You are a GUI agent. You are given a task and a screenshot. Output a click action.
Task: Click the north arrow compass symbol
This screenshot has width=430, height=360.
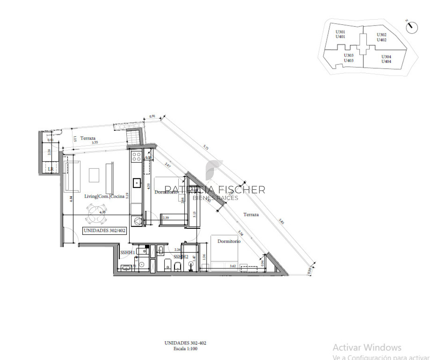coord(412,27)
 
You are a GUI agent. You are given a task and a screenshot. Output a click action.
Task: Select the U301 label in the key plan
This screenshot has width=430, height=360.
coord(340,32)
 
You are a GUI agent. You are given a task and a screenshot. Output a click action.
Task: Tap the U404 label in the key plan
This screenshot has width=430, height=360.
coord(386,62)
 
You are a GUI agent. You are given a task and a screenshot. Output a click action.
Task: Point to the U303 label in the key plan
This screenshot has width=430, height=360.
coord(349,56)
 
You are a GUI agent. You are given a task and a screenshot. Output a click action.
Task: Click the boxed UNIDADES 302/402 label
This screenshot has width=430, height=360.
coord(104,230)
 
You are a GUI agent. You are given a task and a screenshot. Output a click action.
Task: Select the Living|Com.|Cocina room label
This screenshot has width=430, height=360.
coord(104,196)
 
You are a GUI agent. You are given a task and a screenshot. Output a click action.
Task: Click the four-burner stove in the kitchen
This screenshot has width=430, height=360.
coord(136,156)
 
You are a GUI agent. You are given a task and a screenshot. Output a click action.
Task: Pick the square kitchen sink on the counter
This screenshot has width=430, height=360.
coord(137,183)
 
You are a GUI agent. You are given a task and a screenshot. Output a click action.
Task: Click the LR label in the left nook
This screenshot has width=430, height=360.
coord(50,170)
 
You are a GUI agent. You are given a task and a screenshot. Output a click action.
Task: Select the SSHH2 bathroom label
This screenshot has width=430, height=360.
coord(181,256)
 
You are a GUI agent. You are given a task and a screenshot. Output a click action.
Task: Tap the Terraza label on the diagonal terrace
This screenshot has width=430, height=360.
coord(251,215)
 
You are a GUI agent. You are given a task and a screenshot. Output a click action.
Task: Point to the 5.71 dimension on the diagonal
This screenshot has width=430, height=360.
coord(207,148)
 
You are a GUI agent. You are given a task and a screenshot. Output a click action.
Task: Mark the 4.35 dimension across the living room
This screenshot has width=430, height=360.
coord(103,212)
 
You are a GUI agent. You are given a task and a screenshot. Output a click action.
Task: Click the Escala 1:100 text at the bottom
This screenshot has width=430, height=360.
coord(185,349)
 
